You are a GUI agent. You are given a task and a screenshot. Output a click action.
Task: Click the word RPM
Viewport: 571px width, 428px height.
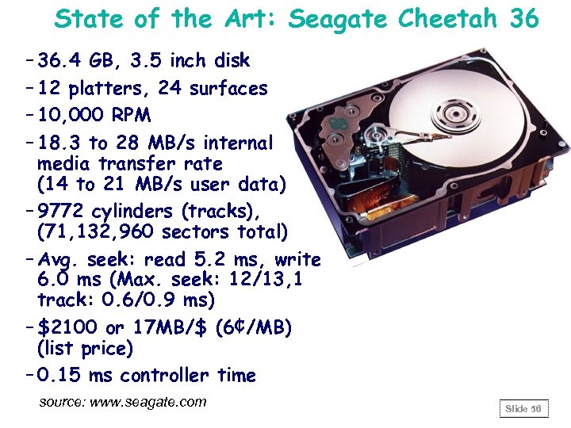pyautogui.click(x=131, y=115)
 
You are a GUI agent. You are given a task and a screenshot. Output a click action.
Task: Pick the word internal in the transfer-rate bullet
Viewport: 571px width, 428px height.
pyautogui.click(x=238, y=143)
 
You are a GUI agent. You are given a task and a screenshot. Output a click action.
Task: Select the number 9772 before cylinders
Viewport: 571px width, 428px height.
pyautogui.click(x=63, y=212)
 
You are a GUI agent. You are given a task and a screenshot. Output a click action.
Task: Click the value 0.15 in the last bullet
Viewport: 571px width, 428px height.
pyautogui.click(x=60, y=375)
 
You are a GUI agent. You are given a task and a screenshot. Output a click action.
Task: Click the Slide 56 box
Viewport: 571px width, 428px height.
pyautogui.click(x=523, y=408)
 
